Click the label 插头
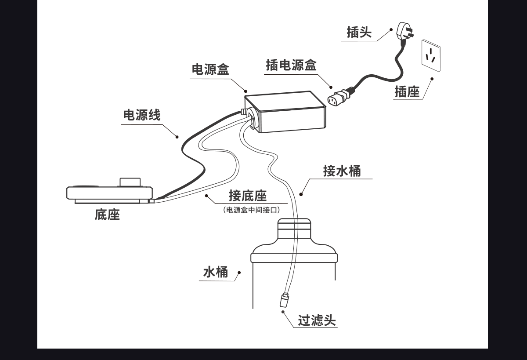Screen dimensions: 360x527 click(359, 32)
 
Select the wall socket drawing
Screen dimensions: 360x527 click(431, 55)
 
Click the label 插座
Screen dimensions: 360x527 click(407, 91)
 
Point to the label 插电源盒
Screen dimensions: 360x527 click(291, 65)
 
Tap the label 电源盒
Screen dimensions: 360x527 click(210, 69)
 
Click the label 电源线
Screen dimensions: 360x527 click(141, 115)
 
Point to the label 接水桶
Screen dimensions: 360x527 click(342, 171)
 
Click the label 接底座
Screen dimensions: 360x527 click(248, 196)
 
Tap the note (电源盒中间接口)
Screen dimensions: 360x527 click(252, 210)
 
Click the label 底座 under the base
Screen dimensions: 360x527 click(107, 215)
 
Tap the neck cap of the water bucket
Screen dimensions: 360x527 click(294, 228)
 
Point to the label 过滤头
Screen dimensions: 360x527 click(317, 320)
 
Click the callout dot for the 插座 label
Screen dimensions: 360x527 click(432, 79)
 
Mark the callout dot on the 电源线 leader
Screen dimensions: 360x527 click(178, 137)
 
